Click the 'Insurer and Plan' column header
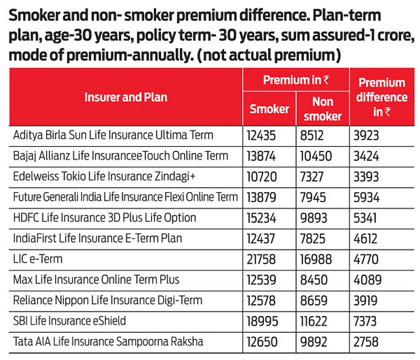[126, 97]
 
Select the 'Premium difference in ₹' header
[382, 97]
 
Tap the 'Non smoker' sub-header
[322, 108]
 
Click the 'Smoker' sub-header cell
[269, 108]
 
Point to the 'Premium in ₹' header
[296, 80]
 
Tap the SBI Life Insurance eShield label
[70, 321]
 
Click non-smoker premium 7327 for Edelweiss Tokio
[313, 177]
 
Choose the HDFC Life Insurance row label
[105, 217]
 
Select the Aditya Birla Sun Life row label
[113, 135]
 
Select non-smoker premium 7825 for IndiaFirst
[313, 238]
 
